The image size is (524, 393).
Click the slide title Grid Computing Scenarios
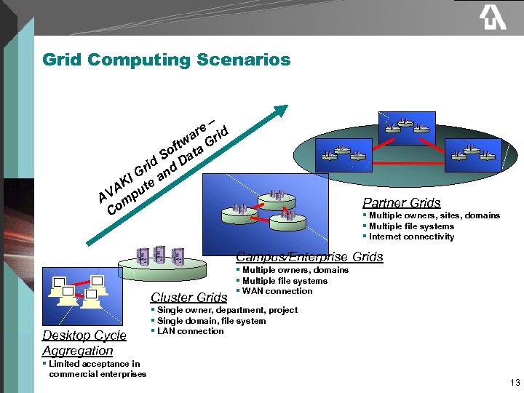click(166, 60)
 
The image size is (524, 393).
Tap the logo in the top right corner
click(492, 18)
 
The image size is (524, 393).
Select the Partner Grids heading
click(401, 203)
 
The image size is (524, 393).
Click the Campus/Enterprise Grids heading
click(309, 257)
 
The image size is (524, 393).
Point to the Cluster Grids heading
click(188, 297)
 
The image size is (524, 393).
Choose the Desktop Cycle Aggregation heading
click(84, 343)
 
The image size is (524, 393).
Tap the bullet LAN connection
click(190, 331)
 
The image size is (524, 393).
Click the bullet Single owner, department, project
click(227, 310)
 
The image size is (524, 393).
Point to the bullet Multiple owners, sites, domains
click(434, 215)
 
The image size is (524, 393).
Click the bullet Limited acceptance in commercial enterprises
click(94, 369)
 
